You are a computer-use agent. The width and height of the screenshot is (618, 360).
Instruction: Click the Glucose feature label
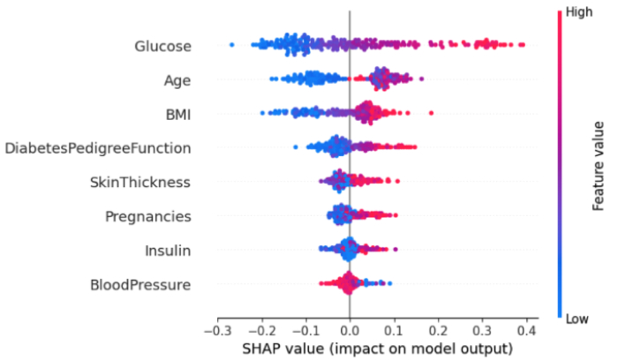point(162,46)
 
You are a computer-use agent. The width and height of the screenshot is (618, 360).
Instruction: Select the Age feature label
point(177,80)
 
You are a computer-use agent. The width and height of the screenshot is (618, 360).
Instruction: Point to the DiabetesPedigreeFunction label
point(98,148)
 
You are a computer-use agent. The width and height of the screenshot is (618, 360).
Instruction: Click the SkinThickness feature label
point(140,182)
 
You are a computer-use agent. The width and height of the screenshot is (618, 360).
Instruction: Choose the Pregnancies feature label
point(147,216)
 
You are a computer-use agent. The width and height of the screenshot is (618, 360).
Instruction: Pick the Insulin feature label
point(168,251)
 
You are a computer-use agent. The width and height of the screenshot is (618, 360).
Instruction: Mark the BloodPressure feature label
point(140,284)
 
